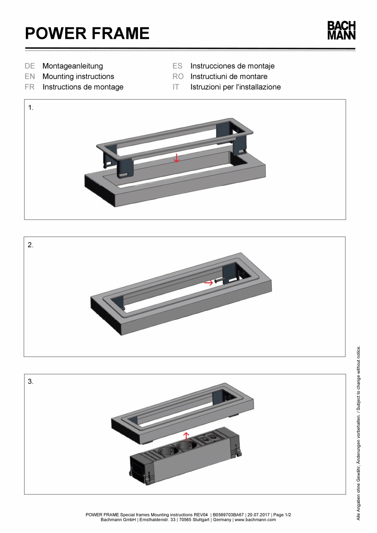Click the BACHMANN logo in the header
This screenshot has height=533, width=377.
point(341,30)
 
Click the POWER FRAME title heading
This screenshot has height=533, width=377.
point(87,33)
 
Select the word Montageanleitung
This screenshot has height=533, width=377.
point(73,66)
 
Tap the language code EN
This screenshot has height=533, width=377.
point(30,77)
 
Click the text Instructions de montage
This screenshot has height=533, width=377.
point(83,87)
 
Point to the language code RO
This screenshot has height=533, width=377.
point(178,77)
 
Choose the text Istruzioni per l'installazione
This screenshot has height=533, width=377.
point(235,87)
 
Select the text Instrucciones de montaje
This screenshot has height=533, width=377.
point(232,66)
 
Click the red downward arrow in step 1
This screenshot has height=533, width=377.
point(176,158)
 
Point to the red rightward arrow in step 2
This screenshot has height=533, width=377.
point(209,282)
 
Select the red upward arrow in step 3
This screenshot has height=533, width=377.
point(186,436)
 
